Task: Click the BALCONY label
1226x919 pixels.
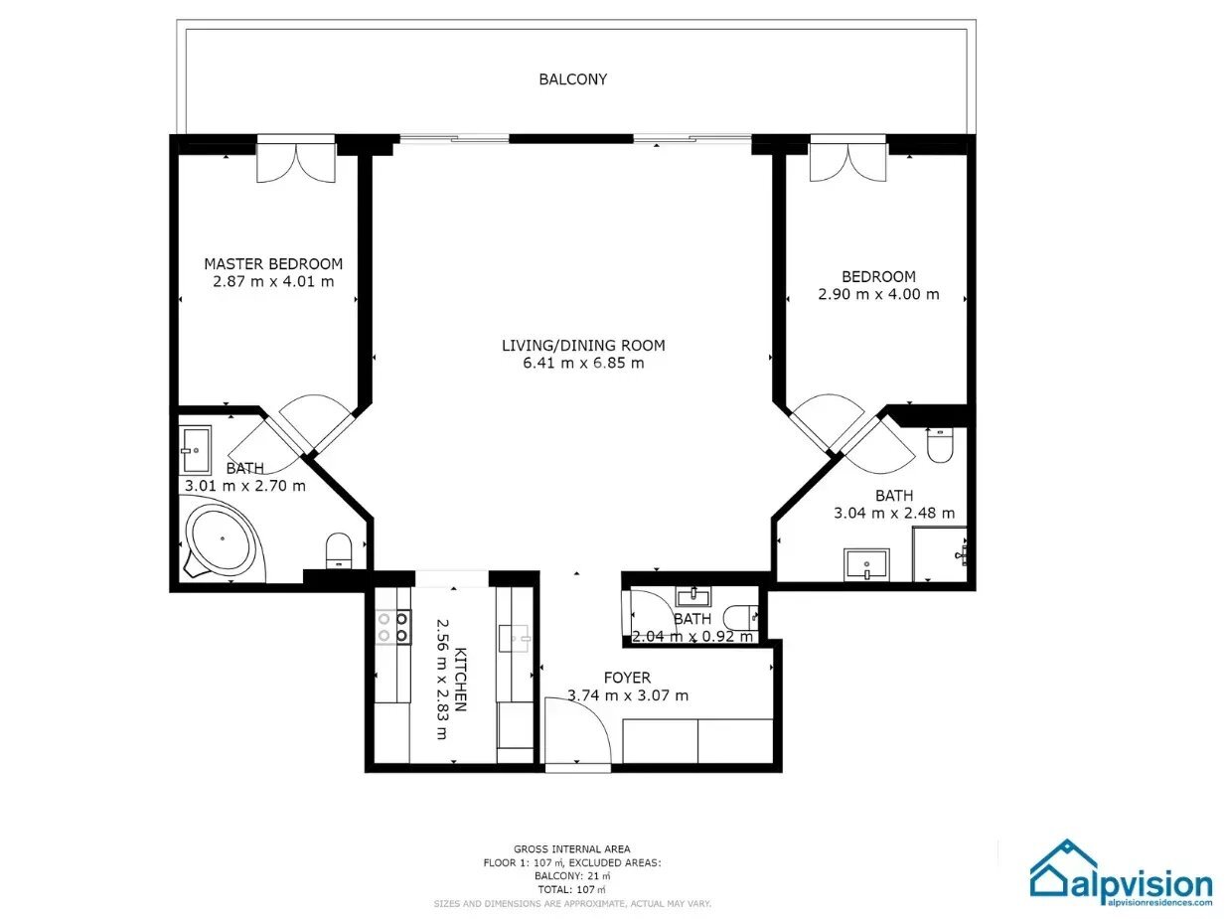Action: (x=572, y=79)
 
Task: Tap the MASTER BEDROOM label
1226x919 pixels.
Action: (x=273, y=263)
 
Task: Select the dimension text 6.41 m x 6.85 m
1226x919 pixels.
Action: (x=583, y=363)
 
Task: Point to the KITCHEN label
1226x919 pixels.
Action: (x=461, y=679)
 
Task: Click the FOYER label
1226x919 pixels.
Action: (x=627, y=678)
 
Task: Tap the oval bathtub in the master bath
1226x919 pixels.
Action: (x=223, y=539)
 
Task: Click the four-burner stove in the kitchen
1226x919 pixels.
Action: (x=393, y=627)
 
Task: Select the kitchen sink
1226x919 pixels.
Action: (x=514, y=639)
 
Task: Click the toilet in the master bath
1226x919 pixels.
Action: (x=339, y=549)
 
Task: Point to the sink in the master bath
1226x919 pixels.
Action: (x=196, y=449)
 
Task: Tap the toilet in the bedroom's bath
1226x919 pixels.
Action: (x=939, y=445)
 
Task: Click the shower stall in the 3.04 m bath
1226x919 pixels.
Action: (x=940, y=553)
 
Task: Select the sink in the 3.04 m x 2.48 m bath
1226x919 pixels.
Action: (x=866, y=564)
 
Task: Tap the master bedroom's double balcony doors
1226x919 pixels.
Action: (x=296, y=162)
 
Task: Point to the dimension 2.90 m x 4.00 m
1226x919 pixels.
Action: (x=878, y=294)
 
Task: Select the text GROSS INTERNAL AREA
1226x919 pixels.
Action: (x=572, y=849)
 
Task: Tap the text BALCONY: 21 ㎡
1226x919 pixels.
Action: (x=572, y=876)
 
